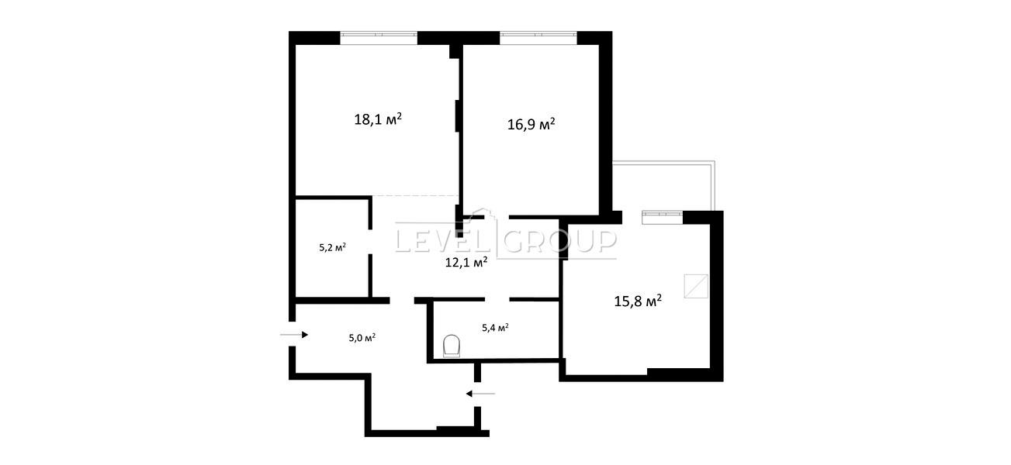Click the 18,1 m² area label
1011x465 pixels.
point(378,119)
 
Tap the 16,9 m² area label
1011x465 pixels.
point(531,124)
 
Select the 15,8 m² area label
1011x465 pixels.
point(638,301)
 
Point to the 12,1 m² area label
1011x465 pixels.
point(466,262)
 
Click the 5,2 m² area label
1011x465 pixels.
point(333,247)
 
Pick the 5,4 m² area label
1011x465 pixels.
point(495,328)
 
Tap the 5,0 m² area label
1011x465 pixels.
point(362,338)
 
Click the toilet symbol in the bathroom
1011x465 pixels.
point(452,346)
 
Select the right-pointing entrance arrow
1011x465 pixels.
point(294,335)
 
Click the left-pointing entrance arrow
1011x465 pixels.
point(480,394)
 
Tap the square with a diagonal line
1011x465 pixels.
point(696,287)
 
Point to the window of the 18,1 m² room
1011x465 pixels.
point(379,35)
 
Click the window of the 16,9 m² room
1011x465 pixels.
point(538,35)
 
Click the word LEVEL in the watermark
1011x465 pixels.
point(445,241)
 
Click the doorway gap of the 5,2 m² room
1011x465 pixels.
point(371,243)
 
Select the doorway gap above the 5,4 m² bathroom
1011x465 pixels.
point(497,299)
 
